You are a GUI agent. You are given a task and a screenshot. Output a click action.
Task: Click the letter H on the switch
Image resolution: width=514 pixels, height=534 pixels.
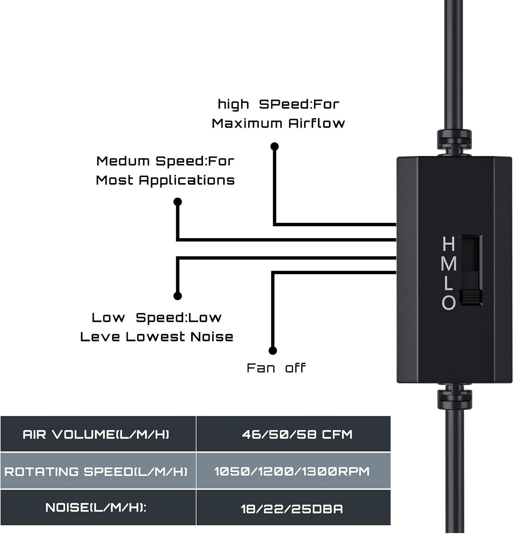pyautogui.click(x=449, y=244)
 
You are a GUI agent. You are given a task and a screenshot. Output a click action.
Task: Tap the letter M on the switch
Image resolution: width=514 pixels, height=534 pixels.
pyautogui.click(x=449, y=263)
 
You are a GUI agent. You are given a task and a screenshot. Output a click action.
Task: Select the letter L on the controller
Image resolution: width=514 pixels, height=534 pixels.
pyautogui.click(x=448, y=283)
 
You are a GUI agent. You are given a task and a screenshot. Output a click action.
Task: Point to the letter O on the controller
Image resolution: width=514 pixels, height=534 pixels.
pyautogui.click(x=449, y=302)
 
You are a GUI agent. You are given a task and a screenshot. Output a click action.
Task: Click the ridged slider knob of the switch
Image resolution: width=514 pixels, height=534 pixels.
pyautogui.click(x=471, y=297)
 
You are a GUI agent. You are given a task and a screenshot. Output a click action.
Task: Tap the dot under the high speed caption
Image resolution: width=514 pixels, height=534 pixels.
pyautogui.click(x=274, y=146)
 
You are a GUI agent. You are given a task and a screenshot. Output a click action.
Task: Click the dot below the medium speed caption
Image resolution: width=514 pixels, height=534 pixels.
pyautogui.click(x=178, y=202)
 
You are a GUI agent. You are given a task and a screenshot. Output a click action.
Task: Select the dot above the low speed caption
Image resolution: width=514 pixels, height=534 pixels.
pyautogui.click(x=178, y=296)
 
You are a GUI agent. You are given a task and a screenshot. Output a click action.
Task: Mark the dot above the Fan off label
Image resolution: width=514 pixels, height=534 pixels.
pyautogui.click(x=273, y=351)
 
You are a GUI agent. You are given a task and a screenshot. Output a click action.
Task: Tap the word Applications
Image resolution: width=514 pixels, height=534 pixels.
pyautogui.click(x=187, y=180)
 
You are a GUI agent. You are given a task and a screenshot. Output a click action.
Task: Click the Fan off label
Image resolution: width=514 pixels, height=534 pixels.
pyautogui.click(x=276, y=368)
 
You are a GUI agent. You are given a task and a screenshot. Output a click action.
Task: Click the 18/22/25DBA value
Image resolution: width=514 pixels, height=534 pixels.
pyautogui.click(x=292, y=509)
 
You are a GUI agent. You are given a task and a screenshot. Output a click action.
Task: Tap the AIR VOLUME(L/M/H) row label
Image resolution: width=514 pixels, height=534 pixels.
pyautogui.click(x=96, y=434)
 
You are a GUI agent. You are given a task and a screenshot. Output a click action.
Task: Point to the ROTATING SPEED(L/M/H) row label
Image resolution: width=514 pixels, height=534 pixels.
pyautogui.click(x=96, y=472)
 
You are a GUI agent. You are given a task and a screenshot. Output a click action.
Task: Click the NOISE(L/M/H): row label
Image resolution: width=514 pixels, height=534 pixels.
pyautogui.click(x=96, y=508)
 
